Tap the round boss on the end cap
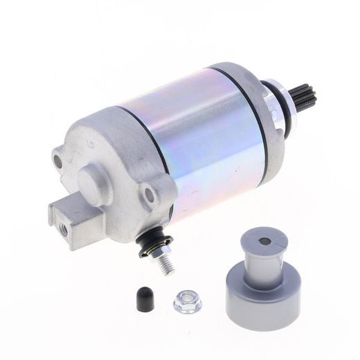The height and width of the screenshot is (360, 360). [96, 183]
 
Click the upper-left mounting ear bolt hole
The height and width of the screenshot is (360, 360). [57, 161]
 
